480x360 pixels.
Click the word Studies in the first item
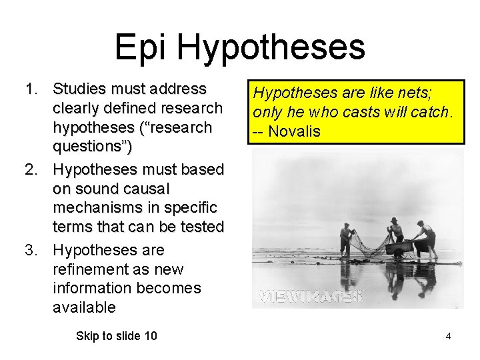[79, 89]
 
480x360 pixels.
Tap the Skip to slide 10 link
[117, 336]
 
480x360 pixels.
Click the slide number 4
[448, 336]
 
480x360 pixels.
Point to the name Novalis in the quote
[295, 131]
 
